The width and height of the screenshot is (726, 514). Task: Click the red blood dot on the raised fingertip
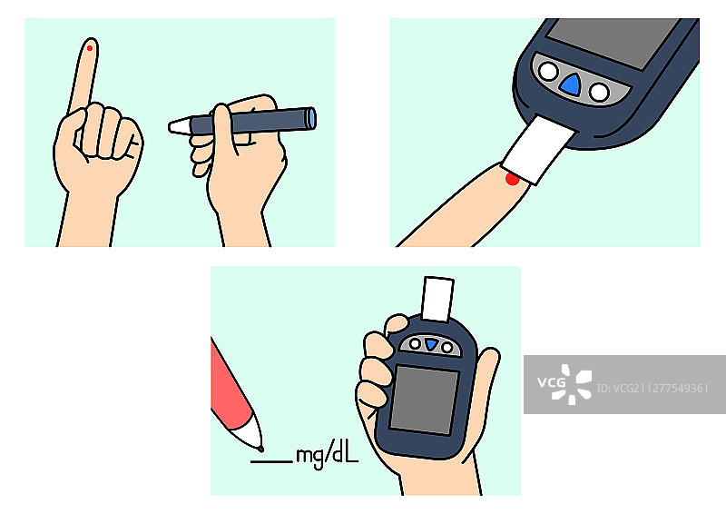click(90, 48)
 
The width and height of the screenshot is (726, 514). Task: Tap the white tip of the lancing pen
click(179, 126)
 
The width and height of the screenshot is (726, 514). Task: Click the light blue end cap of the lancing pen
click(312, 118)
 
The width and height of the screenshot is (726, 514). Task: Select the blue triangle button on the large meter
click(570, 84)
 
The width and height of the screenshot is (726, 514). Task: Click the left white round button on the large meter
click(548, 72)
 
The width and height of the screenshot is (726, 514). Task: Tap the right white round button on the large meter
click(599, 93)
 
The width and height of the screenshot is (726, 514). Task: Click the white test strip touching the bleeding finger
click(538, 149)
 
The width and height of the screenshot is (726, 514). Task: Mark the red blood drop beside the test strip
click(512, 179)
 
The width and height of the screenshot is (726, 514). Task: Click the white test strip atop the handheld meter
click(437, 299)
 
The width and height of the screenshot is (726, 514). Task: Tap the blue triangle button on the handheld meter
click(432, 344)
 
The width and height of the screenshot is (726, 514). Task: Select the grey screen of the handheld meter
click(425, 400)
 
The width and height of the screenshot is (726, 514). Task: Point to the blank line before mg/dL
click(271, 461)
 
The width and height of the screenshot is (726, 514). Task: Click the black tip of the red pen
click(260, 449)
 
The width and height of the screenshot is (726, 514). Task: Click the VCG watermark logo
click(564, 384)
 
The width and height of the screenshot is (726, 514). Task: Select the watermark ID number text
click(652, 388)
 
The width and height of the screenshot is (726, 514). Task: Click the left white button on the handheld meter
click(415, 343)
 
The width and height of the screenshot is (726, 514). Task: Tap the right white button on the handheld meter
click(447, 347)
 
